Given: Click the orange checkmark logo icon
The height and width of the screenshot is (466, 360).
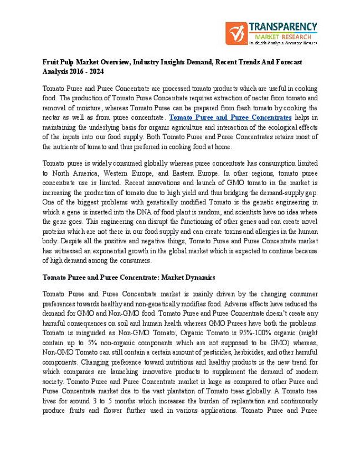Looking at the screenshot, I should (x=236, y=34).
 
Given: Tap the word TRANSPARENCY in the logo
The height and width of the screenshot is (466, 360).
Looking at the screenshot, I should (x=282, y=27).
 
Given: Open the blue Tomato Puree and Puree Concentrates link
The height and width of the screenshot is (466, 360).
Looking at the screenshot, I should (x=230, y=117).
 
